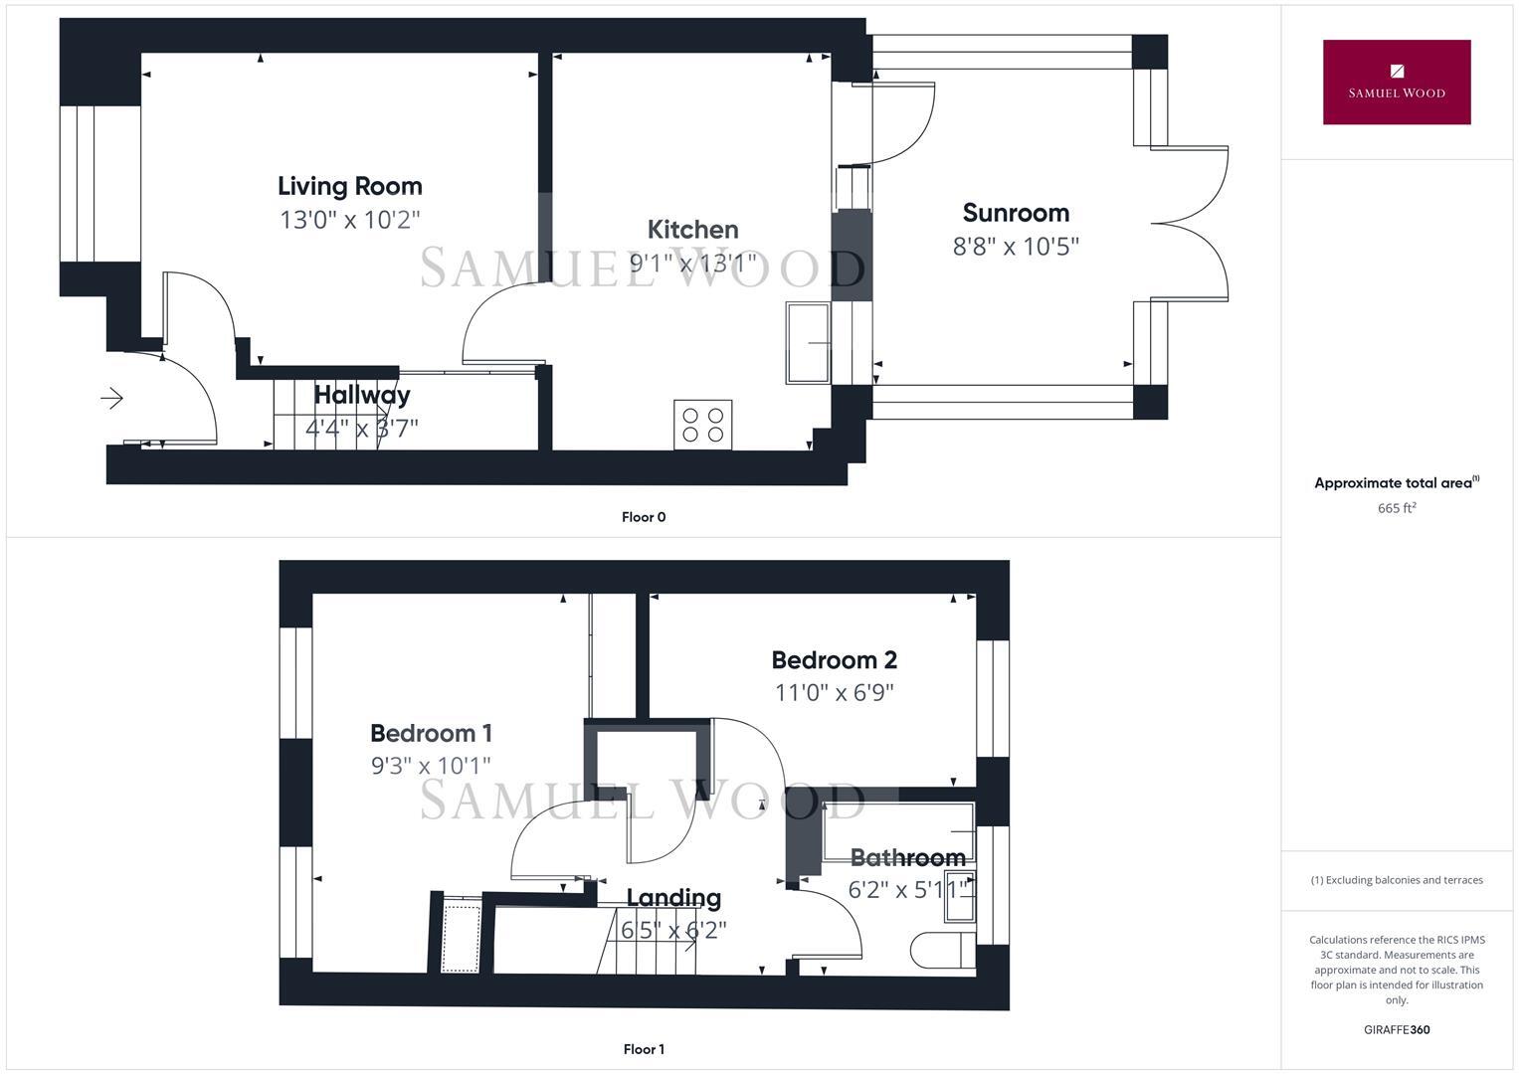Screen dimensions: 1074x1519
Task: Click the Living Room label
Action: point(349,186)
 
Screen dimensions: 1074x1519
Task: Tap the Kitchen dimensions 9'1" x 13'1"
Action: point(692,263)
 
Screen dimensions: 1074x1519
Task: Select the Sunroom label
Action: point(1016,213)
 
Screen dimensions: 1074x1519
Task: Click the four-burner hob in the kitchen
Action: point(702,425)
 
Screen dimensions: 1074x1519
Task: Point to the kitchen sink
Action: point(809,343)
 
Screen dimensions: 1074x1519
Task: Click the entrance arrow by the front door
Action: point(111,399)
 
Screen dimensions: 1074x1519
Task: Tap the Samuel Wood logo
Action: point(1396,83)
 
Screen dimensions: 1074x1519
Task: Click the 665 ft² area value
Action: point(1396,508)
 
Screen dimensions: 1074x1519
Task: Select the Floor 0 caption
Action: point(644,517)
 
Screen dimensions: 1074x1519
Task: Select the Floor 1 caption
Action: point(644,1049)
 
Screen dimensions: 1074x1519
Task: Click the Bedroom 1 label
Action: point(431,734)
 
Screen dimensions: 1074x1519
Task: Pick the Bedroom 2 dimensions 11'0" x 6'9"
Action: point(834,693)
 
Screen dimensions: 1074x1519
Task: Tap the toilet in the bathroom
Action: point(940,950)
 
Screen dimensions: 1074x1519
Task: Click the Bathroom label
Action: point(907,857)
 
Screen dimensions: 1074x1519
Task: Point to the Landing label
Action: point(673,898)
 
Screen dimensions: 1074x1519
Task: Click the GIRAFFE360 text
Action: point(1396,1030)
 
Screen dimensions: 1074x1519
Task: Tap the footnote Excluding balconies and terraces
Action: point(1396,880)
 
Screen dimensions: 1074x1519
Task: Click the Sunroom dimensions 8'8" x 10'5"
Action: point(1016,247)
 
